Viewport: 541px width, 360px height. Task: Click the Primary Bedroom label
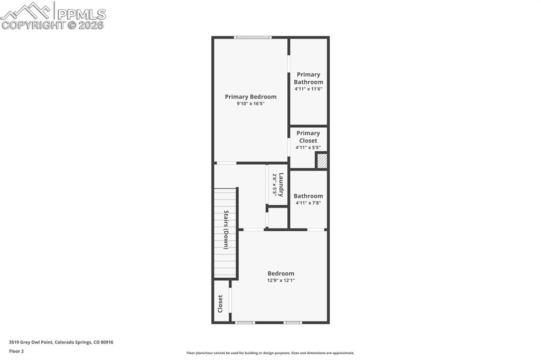(250, 97)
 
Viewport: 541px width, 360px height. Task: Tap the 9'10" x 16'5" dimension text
(250, 104)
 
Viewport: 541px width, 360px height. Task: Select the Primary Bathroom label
(309, 78)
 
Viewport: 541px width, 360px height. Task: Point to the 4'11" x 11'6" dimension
(309, 89)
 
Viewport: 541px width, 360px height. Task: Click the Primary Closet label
(308, 137)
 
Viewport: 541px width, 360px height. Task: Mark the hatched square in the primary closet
(322, 161)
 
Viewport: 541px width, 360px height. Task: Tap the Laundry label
(281, 185)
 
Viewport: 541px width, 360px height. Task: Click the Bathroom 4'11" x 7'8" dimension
(308, 203)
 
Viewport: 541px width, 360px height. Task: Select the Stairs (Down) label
(226, 230)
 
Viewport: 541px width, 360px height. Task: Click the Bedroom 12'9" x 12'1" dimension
(281, 281)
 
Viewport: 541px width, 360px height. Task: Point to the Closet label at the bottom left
(220, 303)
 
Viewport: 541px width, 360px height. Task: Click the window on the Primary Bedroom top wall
(253, 37)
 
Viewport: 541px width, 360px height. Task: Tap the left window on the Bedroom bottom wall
(245, 322)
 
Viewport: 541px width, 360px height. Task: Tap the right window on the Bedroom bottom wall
(293, 322)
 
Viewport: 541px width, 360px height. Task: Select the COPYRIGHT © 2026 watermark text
(53, 25)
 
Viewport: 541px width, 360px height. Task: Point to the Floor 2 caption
(16, 351)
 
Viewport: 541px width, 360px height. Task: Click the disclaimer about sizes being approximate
(270, 353)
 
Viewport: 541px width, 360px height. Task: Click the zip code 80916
(107, 342)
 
